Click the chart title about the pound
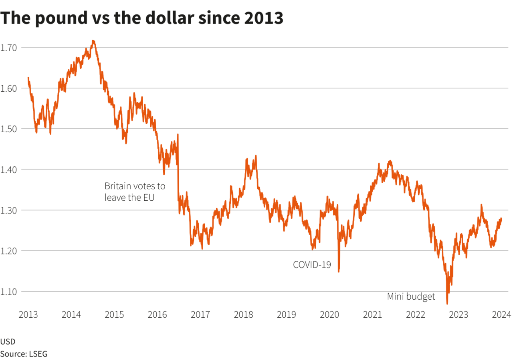tap(142, 18)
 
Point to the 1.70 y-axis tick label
tap(8, 48)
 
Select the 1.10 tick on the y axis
tap(8, 291)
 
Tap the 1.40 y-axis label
tap(8, 169)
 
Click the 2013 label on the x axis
tap(28, 315)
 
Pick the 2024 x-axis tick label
tap(501, 315)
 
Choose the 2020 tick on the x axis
tap(329, 315)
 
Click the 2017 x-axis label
tap(200, 315)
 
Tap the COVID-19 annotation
tap(312, 264)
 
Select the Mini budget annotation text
tap(411, 297)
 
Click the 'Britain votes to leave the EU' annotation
tap(135, 192)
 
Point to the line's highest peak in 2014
tap(93, 40)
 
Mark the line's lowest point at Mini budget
tap(447, 304)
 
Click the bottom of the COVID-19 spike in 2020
tap(339, 272)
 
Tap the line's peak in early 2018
tap(256, 155)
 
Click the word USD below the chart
tap(8, 342)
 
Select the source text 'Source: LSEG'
tap(24, 354)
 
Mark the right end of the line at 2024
tap(501, 218)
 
